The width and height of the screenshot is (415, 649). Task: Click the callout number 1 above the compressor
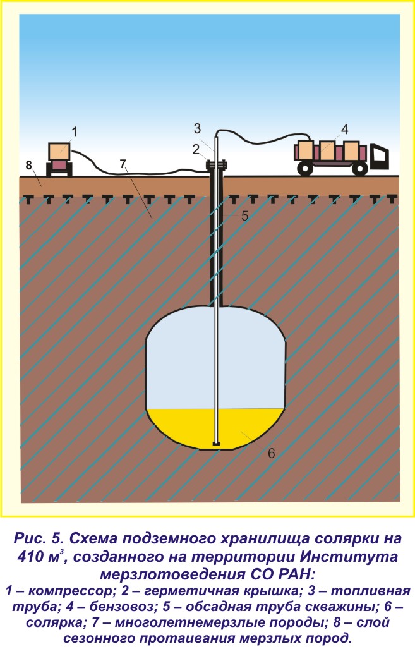[74, 132]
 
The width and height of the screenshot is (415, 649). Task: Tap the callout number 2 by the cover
[196, 149]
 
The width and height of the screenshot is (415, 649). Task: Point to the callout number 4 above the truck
[344, 130]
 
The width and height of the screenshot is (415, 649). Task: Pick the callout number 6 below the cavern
[270, 452]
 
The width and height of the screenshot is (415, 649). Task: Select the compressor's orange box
[60, 150]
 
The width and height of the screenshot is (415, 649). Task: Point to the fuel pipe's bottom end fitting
[217, 443]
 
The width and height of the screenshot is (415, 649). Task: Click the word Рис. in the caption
[32, 539]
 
